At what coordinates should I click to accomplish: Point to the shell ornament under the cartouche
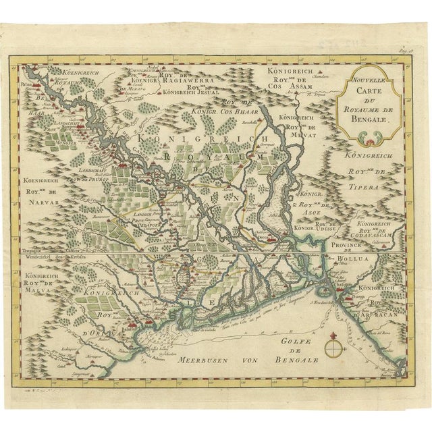pos(370,138)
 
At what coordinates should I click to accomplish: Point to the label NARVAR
pos(42,200)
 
